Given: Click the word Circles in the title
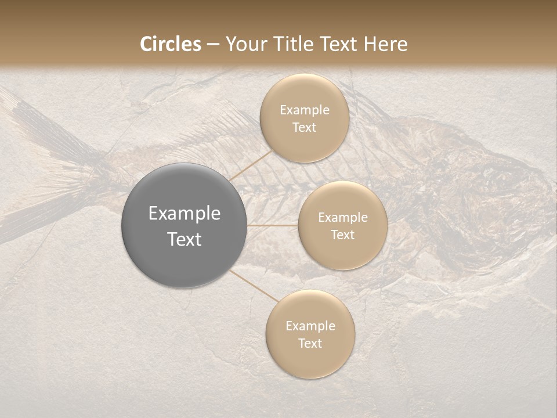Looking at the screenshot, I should click(x=171, y=44).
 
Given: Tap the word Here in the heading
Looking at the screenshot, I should click(x=385, y=44).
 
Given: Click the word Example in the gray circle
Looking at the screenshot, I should click(x=184, y=214).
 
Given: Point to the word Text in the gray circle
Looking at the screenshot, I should click(x=184, y=239).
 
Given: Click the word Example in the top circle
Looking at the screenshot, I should click(x=304, y=110).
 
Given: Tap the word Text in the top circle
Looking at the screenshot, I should click(x=304, y=128).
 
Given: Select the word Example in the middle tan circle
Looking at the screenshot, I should click(x=342, y=218).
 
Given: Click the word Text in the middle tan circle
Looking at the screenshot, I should click(x=342, y=235).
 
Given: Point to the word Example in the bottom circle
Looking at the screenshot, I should click(x=310, y=326).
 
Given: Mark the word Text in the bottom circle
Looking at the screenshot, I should click(x=310, y=344).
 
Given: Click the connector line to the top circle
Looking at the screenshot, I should click(x=251, y=164).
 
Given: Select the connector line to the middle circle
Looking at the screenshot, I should click(x=272, y=225).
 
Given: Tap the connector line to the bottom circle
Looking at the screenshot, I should click(x=253, y=286).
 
